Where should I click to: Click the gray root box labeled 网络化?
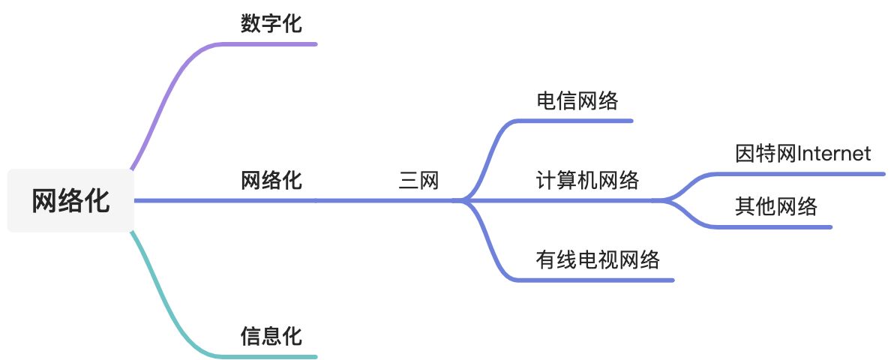coord(70,201)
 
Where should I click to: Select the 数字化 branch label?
coord(271,24)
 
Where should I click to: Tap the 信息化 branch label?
coord(271,335)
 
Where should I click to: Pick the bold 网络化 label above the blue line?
coord(271,181)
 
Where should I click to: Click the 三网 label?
coord(418,181)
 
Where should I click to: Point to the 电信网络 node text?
coord(577,101)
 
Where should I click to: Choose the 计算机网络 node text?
coord(588,181)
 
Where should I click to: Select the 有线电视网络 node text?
coord(598,260)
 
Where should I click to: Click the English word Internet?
coord(833,154)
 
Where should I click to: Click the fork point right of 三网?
coord(463,200)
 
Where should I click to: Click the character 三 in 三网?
coord(409,181)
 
